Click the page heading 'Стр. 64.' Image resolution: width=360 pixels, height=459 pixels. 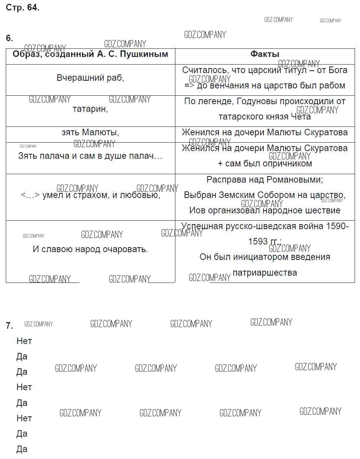tap(22, 8)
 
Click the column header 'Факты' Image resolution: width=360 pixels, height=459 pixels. tap(265, 54)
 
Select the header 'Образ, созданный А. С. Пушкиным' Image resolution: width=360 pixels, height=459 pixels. tap(90, 54)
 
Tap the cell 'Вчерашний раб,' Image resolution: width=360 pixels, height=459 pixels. tap(90, 78)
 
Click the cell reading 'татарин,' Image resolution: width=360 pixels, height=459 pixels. tap(90, 109)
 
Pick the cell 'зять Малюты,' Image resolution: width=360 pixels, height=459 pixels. tap(90, 133)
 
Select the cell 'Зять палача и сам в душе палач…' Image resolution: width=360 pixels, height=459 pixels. tap(90, 156)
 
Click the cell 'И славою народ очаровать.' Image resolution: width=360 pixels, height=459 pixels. tap(90, 249)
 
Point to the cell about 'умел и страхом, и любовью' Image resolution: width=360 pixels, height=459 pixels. tap(90, 195)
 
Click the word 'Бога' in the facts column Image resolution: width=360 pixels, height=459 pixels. tap(338, 70)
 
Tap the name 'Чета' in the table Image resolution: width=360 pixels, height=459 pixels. tap(301, 116)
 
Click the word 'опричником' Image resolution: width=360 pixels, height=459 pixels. tap(288, 164)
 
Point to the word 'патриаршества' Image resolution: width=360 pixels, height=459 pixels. tap(265, 273)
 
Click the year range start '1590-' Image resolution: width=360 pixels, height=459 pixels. tap(337, 226)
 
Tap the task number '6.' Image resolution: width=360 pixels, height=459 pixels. tap(9, 38)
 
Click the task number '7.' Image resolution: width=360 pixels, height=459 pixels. tap(9, 326)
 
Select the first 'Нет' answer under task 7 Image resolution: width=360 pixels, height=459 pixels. tap(24, 341)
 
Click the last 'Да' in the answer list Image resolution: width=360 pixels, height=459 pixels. tap(22, 449)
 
